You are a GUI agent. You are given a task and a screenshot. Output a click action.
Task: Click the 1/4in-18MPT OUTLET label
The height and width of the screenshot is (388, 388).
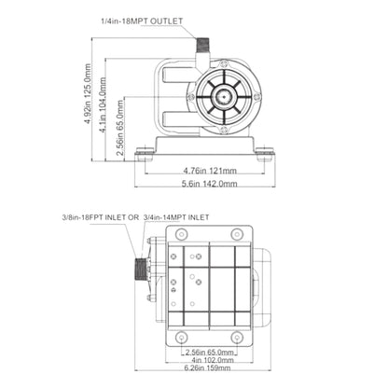click(x=142, y=21)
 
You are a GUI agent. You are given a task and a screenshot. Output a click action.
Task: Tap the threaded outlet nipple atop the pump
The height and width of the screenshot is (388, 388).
click(x=203, y=46)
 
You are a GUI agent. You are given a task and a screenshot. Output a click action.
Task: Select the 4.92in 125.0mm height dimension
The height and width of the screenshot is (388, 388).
click(x=88, y=94)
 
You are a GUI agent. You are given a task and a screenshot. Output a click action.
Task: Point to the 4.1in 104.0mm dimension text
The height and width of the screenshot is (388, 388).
click(x=103, y=105)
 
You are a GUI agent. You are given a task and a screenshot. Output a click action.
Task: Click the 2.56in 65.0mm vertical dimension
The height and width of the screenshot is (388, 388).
click(x=119, y=129)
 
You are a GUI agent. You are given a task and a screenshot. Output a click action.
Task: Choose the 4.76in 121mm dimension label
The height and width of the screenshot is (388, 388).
click(x=210, y=171)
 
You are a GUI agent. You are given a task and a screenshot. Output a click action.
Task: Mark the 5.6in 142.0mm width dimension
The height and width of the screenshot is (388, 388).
click(x=210, y=184)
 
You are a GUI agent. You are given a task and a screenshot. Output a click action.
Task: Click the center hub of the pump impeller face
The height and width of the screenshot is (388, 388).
click(x=224, y=97)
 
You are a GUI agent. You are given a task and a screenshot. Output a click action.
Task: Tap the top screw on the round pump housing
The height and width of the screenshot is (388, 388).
click(x=224, y=63)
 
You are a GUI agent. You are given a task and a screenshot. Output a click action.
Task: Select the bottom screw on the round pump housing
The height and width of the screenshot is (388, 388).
click(x=224, y=131)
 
